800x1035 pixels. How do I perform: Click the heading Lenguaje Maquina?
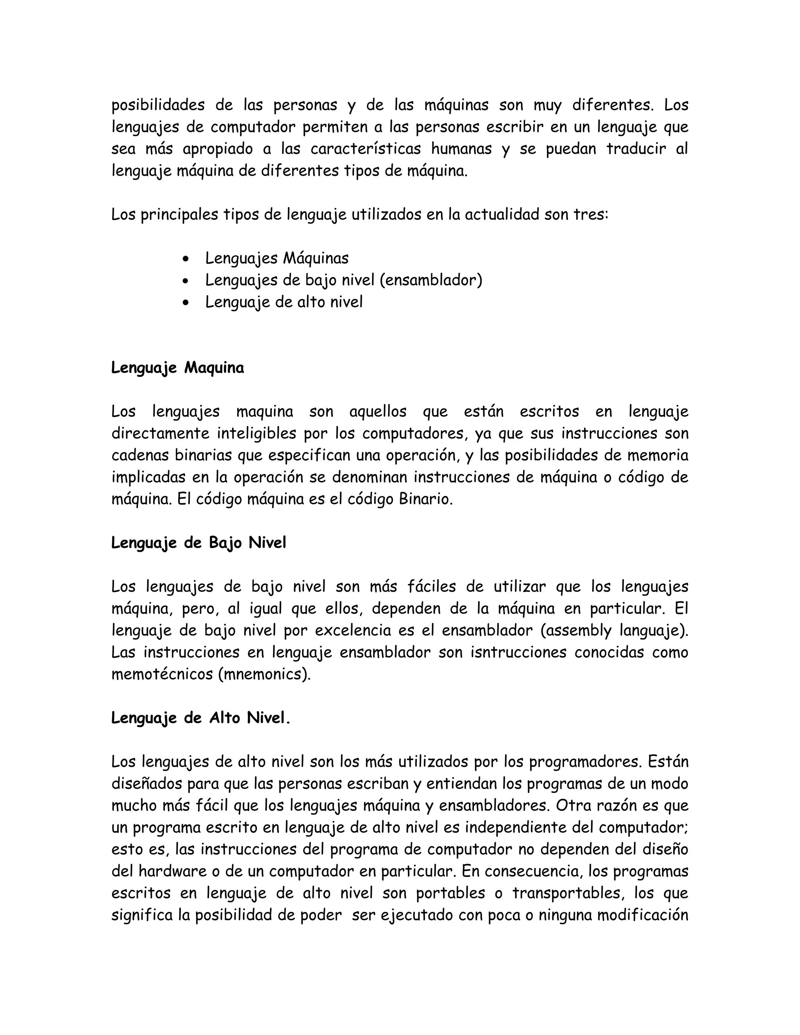pyautogui.click(x=177, y=368)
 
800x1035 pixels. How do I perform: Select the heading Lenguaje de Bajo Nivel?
pyautogui.click(x=198, y=543)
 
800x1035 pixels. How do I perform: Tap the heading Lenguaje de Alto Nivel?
pyautogui.click(x=200, y=718)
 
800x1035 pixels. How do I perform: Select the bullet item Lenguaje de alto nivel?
pyautogui.click(x=284, y=302)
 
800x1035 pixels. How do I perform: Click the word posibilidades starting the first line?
pyautogui.click(x=158, y=105)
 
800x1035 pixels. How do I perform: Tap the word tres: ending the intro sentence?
pyautogui.click(x=591, y=215)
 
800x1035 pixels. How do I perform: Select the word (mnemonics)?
pyautogui.click(x=264, y=675)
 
